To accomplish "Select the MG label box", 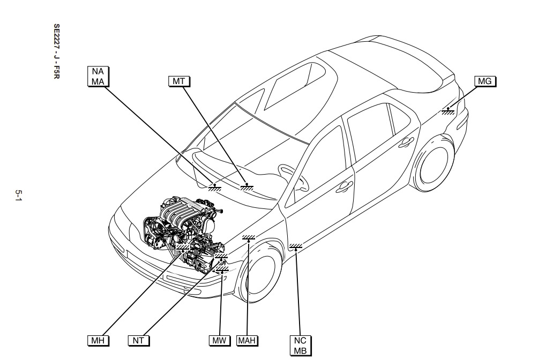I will coord(485,81).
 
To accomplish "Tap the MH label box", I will coord(96,340).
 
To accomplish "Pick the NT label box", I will coord(139,340).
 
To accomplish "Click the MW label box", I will coord(220,340).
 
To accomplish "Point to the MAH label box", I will coord(247,340).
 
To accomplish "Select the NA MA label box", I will coord(98,76).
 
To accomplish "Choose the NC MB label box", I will coord(300,345).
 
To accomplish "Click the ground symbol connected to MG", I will coord(449,111).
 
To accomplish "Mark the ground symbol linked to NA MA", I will coord(215,186).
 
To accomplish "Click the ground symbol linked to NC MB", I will coord(296,246).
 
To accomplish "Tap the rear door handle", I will coord(406,141).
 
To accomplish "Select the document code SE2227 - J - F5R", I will coord(56,51).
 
